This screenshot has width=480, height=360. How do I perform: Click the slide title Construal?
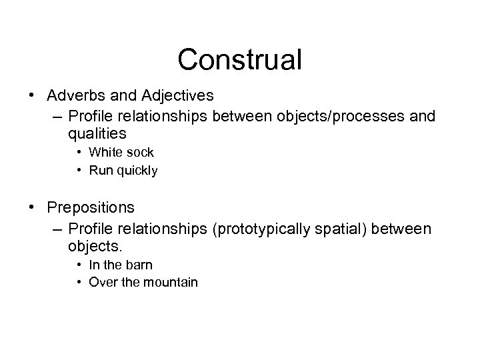click(239, 59)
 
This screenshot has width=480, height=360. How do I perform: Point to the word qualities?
click(97, 134)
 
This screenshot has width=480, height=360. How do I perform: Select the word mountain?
click(172, 283)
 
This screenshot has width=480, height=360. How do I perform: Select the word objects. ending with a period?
click(95, 247)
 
